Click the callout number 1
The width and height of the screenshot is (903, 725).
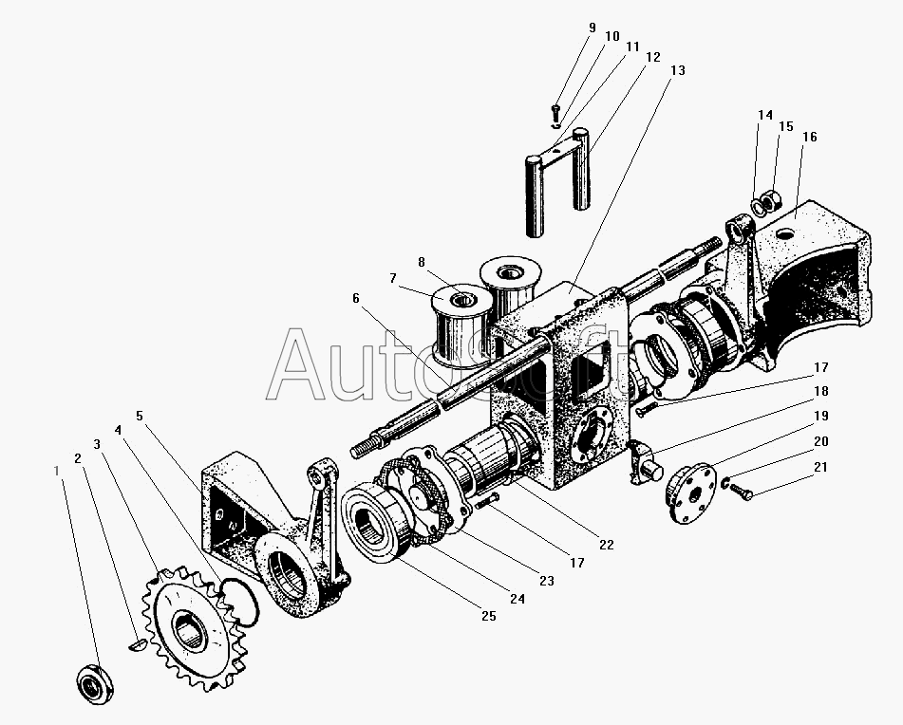coord(56,471)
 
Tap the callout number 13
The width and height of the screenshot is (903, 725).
coord(678,70)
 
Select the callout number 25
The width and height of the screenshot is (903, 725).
coord(488,616)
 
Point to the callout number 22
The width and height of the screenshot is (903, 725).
coord(607,545)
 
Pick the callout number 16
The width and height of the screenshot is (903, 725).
coord(809,137)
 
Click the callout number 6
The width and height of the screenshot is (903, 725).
coord(356,298)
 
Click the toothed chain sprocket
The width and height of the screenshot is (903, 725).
coord(195,627)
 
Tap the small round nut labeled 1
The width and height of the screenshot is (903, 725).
coord(95,683)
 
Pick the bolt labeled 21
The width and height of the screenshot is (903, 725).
coord(741,491)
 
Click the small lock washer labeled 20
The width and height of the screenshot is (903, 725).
coord(724,483)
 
